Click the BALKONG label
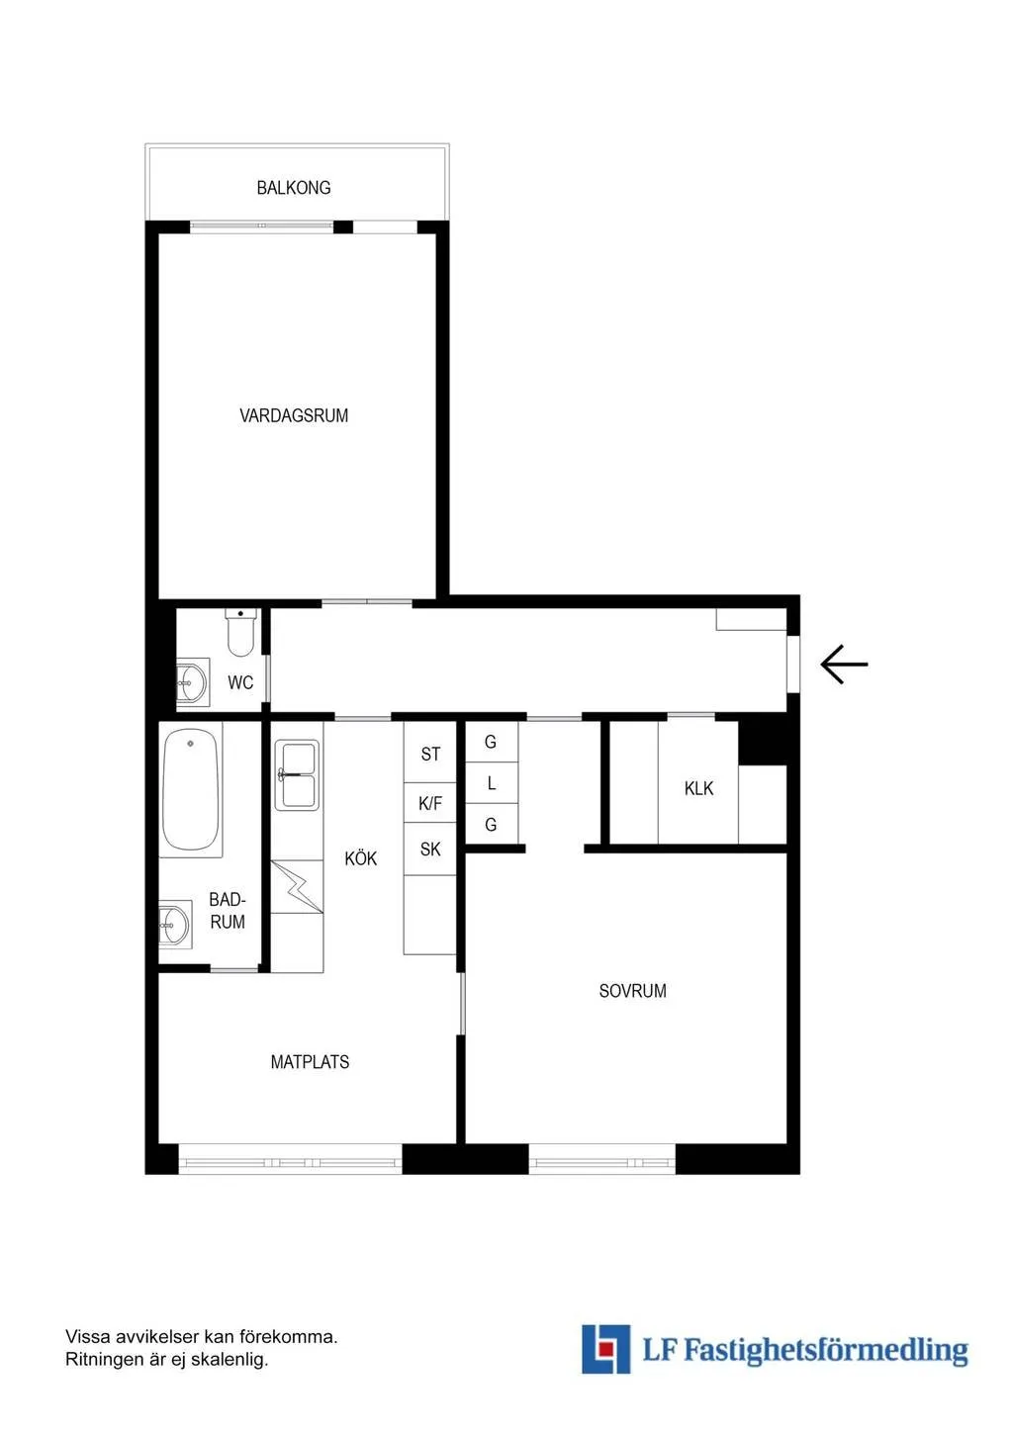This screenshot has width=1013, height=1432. (294, 188)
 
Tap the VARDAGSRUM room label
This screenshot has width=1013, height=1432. (294, 415)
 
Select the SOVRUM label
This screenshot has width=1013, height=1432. (632, 991)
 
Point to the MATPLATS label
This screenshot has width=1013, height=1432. (310, 1062)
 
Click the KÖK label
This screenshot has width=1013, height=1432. (361, 857)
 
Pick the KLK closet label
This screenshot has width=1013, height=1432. (698, 788)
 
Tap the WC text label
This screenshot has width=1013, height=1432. (240, 682)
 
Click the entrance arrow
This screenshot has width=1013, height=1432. (844, 665)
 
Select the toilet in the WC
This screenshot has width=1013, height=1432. (240, 633)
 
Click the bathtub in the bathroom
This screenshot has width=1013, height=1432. (191, 790)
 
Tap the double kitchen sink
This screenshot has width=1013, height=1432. (297, 775)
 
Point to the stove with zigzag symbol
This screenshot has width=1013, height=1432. (297, 887)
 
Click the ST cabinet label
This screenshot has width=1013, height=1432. (430, 755)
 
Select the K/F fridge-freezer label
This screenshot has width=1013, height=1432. (429, 804)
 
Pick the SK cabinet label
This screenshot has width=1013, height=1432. (430, 849)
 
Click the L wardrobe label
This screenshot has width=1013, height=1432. (491, 783)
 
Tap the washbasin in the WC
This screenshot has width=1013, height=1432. (191, 682)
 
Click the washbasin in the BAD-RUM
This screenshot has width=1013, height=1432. (174, 925)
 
